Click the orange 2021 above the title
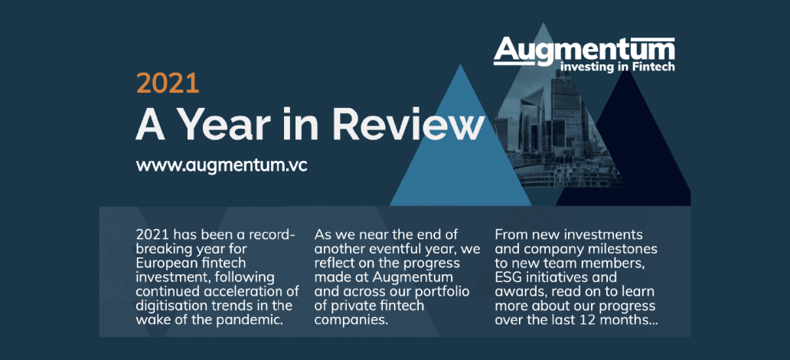click(x=168, y=83)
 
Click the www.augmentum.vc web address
click(x=221, y=165)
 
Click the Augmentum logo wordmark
click(x=584, y=50)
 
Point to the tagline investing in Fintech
click(x=617, y=67)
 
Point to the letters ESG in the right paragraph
click(x=510, y=277)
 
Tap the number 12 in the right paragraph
click(x=602, y=320)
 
